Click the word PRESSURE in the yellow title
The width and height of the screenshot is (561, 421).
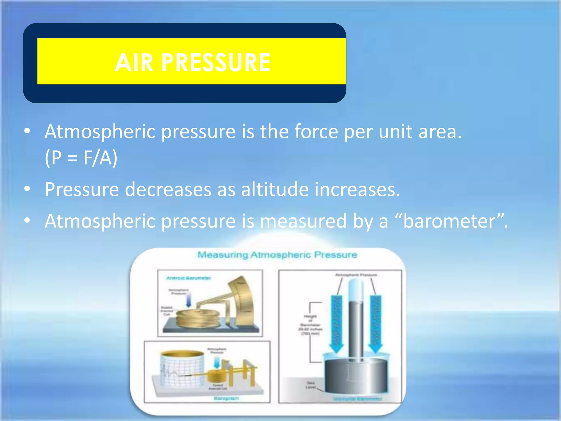[x=216, y=63]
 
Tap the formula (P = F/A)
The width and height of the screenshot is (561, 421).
[x=81, y=158]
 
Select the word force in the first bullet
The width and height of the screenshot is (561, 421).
[x=316, y=132]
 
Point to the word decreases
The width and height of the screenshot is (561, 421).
[x=168, y=189]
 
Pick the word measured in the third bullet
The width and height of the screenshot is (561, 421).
[x=303, y=221]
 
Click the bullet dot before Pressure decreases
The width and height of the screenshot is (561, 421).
[x=27, y=189]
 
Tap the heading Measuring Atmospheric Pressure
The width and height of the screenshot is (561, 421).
[x=277, y=255]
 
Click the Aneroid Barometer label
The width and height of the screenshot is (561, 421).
[x=189, y=278]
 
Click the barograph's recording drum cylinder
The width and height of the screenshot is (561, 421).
[x=182, y=367]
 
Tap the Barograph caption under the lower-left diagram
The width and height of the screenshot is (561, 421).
[x=226, y=398]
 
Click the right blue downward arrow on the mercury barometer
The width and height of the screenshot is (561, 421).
[x=376, y=323]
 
